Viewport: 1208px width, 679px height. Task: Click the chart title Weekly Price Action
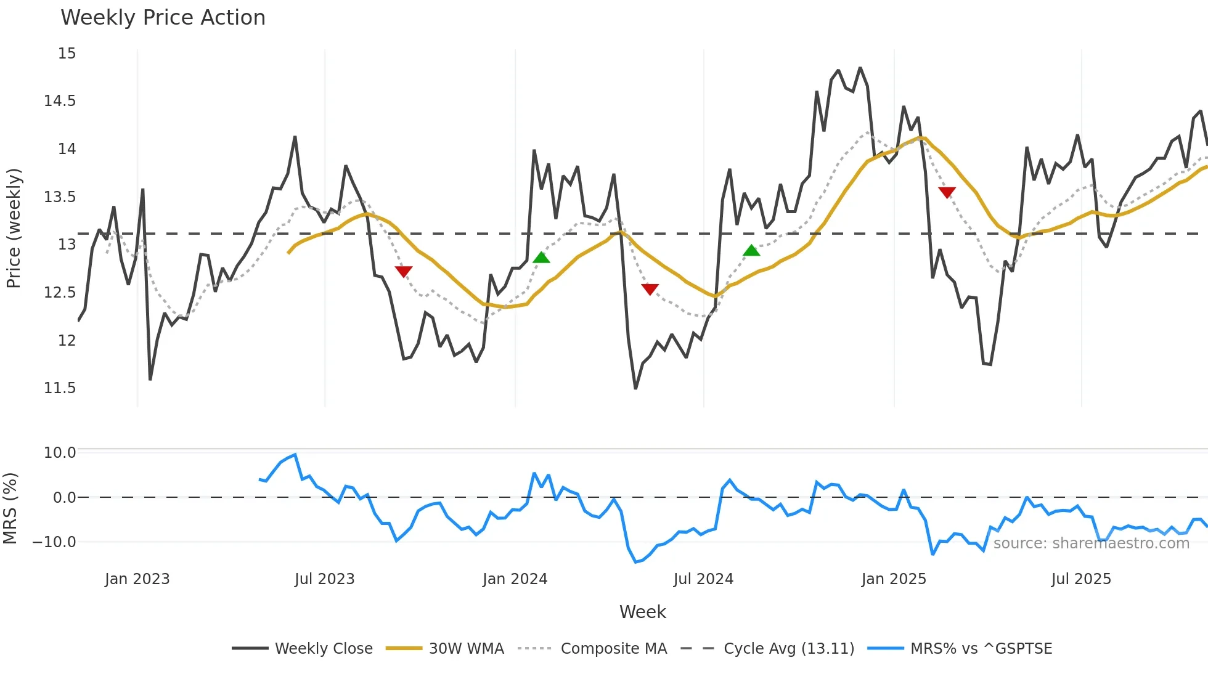tap(163, 17)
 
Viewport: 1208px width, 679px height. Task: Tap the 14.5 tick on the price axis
tap(59, 101)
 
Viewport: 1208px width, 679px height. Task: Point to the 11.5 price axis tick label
tap(59, 388)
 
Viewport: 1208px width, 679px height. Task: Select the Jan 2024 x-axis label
tap(515, 579)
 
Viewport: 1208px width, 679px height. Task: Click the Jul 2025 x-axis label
tap(1081, 579)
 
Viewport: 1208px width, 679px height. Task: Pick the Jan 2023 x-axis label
tap(137, 579)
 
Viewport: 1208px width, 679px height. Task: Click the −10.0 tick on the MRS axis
tap(54, 542)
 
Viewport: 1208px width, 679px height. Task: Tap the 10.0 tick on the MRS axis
tap(59, 453)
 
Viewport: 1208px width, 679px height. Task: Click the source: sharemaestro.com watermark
tap(1091, 543)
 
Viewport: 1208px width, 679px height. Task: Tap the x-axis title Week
tap(642, 612)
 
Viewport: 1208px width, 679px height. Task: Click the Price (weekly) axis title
tap(14, 228)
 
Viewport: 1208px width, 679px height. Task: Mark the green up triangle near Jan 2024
tap(541, 258)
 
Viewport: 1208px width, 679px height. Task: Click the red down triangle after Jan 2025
tap(947, 192)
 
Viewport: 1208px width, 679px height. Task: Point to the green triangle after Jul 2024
tap(751, 250)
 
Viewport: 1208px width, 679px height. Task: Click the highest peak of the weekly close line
tap(860, 68)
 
